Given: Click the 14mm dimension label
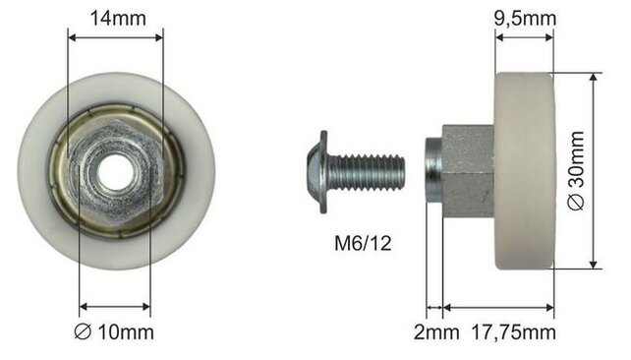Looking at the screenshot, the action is click(x=118, y=19).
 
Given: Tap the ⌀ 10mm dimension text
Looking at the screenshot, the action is click(x=114, y=332).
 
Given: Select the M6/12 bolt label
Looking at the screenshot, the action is click(x=363, y=243).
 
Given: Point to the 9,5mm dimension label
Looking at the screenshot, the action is click(x=525, y=19).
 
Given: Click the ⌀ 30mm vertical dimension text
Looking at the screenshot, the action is click(x=576, y=171).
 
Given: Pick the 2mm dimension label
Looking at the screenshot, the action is click(x=436, y=332).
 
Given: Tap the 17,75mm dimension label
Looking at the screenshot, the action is click(x=513, y=332).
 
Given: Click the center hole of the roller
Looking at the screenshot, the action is click(x=115, y=173).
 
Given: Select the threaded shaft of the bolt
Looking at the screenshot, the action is click(x=369, y=172).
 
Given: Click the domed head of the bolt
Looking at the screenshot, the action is click(x=316, y=172).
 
